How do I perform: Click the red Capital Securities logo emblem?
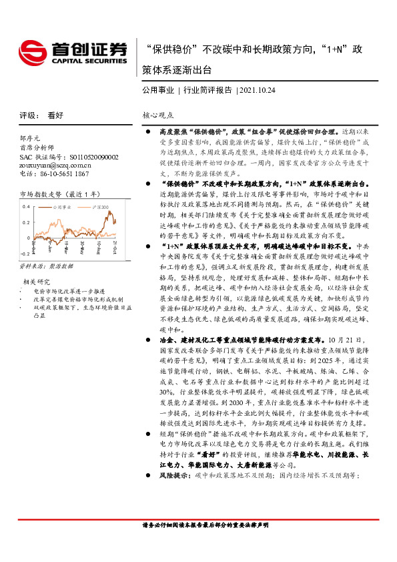[x=31, y=50]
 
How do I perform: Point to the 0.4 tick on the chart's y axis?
[x=26, y=206]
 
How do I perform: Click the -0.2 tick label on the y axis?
[x=25, y=254]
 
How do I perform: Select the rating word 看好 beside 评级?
[x=55, y=115]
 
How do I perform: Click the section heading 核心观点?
[x=157, y=115]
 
